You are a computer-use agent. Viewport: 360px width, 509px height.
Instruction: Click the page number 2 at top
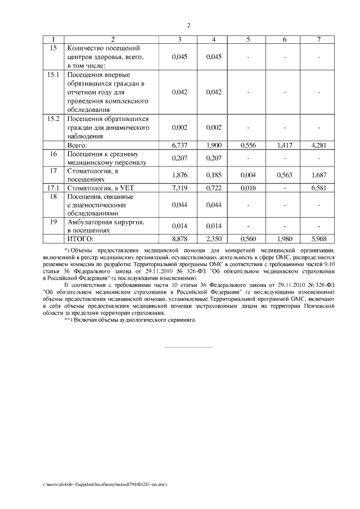click(x=188, y=25)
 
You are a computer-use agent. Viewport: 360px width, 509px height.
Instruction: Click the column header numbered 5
click(x=248, y=39)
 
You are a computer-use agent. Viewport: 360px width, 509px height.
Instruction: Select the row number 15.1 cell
click(x=53, y=75)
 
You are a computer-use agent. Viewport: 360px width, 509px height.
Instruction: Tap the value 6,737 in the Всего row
click(x=179, y=145)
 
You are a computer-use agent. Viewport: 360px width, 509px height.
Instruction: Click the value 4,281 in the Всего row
click(x=318, y=145)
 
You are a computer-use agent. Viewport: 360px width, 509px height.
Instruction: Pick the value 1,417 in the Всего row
click(x=284, y=145)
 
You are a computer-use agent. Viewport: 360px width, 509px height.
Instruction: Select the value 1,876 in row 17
click(x=179, y=175)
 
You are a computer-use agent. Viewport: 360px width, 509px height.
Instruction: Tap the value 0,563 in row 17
click(x=284, y=175)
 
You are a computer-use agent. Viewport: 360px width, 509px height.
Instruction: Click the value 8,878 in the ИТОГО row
click(x=179, y=238)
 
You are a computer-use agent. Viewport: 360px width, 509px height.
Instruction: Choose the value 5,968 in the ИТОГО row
click(x=318, y=238)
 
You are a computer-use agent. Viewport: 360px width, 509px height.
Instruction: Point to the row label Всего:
click(x=78, y=145)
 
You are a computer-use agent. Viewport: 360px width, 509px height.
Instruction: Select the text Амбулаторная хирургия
click(x=105, y=223)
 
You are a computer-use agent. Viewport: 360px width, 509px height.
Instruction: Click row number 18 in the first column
click(x=53, y=197)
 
